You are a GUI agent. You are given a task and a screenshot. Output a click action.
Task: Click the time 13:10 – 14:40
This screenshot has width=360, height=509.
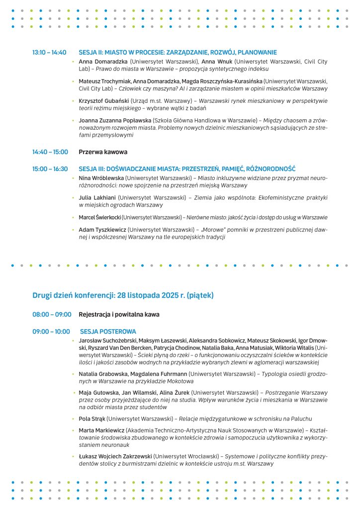point(49,52)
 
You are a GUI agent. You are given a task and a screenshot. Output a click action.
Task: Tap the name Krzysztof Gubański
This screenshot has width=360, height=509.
point(96,100)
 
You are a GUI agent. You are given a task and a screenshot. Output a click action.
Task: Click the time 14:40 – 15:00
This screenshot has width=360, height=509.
point(50,152)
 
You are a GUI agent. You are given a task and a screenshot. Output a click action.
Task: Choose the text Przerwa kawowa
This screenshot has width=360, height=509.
point(103,152)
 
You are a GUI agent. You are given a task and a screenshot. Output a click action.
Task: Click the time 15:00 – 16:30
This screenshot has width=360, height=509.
point(50,169)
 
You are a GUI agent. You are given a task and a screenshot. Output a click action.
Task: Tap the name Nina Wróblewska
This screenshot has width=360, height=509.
point(101,177)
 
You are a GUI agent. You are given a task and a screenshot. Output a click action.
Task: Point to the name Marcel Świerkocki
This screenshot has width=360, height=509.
point(99,217)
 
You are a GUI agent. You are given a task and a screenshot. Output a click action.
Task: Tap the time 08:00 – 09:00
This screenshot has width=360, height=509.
point(52,315)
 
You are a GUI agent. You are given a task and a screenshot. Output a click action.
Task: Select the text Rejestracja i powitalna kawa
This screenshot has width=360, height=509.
point(119,315)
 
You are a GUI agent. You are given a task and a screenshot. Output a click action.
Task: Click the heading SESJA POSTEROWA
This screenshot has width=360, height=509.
point(108,332)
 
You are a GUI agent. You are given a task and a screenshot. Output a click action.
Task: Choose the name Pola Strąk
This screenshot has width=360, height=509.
point(91,419)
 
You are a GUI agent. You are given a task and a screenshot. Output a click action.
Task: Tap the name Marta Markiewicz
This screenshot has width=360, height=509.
point(101,430)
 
